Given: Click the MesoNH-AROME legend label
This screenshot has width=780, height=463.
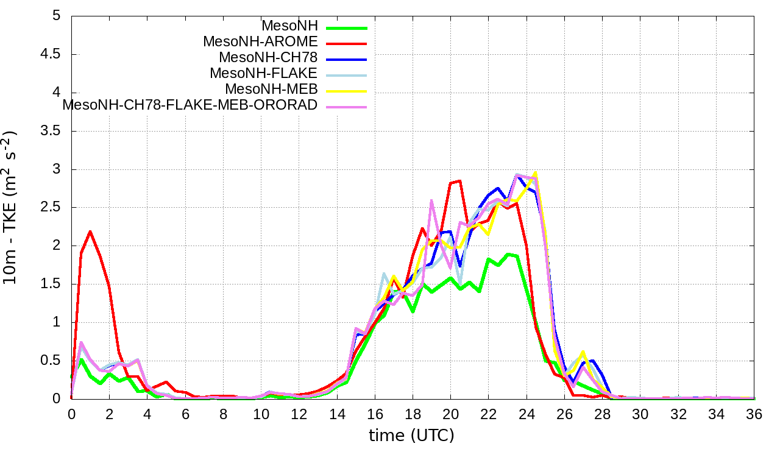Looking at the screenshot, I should pos(260,42).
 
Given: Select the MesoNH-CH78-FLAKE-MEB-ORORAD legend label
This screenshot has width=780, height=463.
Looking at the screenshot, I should pos(190,105).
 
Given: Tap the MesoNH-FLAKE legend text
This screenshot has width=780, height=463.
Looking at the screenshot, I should pos(263,73).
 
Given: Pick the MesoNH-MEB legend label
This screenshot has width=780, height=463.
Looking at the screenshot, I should pos(271,89).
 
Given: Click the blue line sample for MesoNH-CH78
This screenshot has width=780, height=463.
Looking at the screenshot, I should pos(346,59).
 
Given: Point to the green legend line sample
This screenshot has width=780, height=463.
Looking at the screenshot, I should pos(346,27).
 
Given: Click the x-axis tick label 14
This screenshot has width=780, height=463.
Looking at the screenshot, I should pos(336,414).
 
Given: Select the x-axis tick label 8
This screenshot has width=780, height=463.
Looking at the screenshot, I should pos(223,414).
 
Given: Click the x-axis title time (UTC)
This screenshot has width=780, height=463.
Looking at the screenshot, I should pos(411,436).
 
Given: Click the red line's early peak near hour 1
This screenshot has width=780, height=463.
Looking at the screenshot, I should pos(90,231).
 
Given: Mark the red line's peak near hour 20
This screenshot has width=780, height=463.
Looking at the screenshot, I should pos(459,181).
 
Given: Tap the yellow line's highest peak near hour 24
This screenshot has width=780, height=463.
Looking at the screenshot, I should pos(535,173).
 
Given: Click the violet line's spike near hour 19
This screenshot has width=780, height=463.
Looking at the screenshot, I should pos(431,200).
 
